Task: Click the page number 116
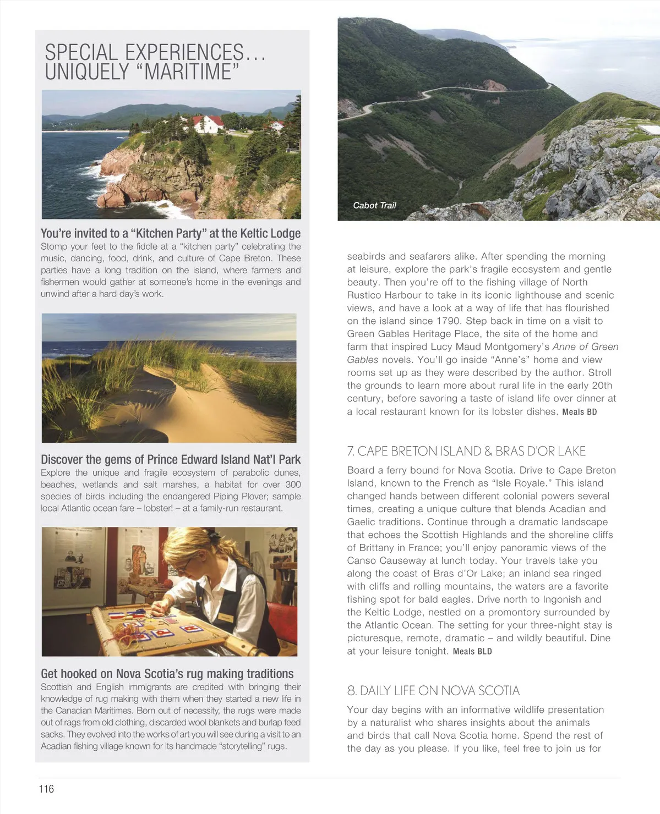click(x=46, y=789)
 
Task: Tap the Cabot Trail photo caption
click(x=374, y=205)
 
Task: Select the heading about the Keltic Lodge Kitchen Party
click(x=171, y=233)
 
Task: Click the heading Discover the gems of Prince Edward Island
click(x=171, y=459)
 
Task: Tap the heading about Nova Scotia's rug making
click(x=167, y=674)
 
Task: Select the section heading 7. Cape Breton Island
click(x=466, y=451)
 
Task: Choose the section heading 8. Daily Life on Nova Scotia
click(x=433, y=690)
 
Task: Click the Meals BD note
click(x=579, y=412)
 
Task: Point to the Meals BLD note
click(x=472, y=652)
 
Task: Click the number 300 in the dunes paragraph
click(x=293, y=485)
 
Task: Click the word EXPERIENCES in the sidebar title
click(x=184, y=53)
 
